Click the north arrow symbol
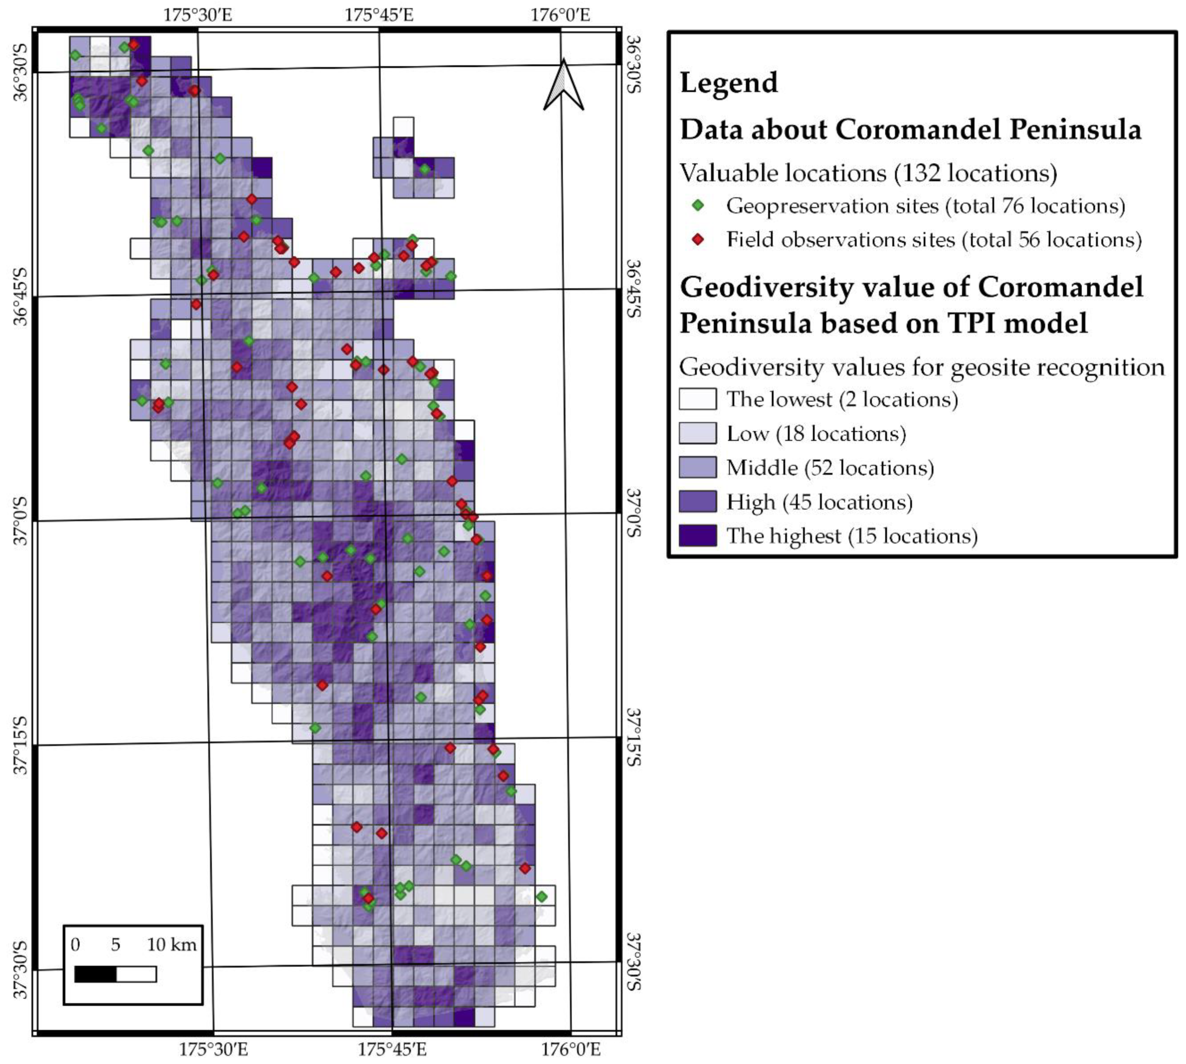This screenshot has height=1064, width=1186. pos(563,86)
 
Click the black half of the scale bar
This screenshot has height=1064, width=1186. pos(95,974)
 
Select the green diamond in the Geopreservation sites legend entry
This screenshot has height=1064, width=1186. pos(697,206)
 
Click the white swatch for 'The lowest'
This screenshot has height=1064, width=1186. pos(697,399)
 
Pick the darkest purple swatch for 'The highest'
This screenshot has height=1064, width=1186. pos(697,535)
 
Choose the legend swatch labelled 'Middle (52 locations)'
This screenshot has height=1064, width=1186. pos(697,468)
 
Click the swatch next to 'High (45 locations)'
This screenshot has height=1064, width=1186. pos(697,502)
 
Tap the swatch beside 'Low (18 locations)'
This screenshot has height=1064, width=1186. pos(697,433)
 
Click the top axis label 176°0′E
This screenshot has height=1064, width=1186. pos(560,14)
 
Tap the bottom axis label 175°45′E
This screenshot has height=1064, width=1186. pos(392,1050)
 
